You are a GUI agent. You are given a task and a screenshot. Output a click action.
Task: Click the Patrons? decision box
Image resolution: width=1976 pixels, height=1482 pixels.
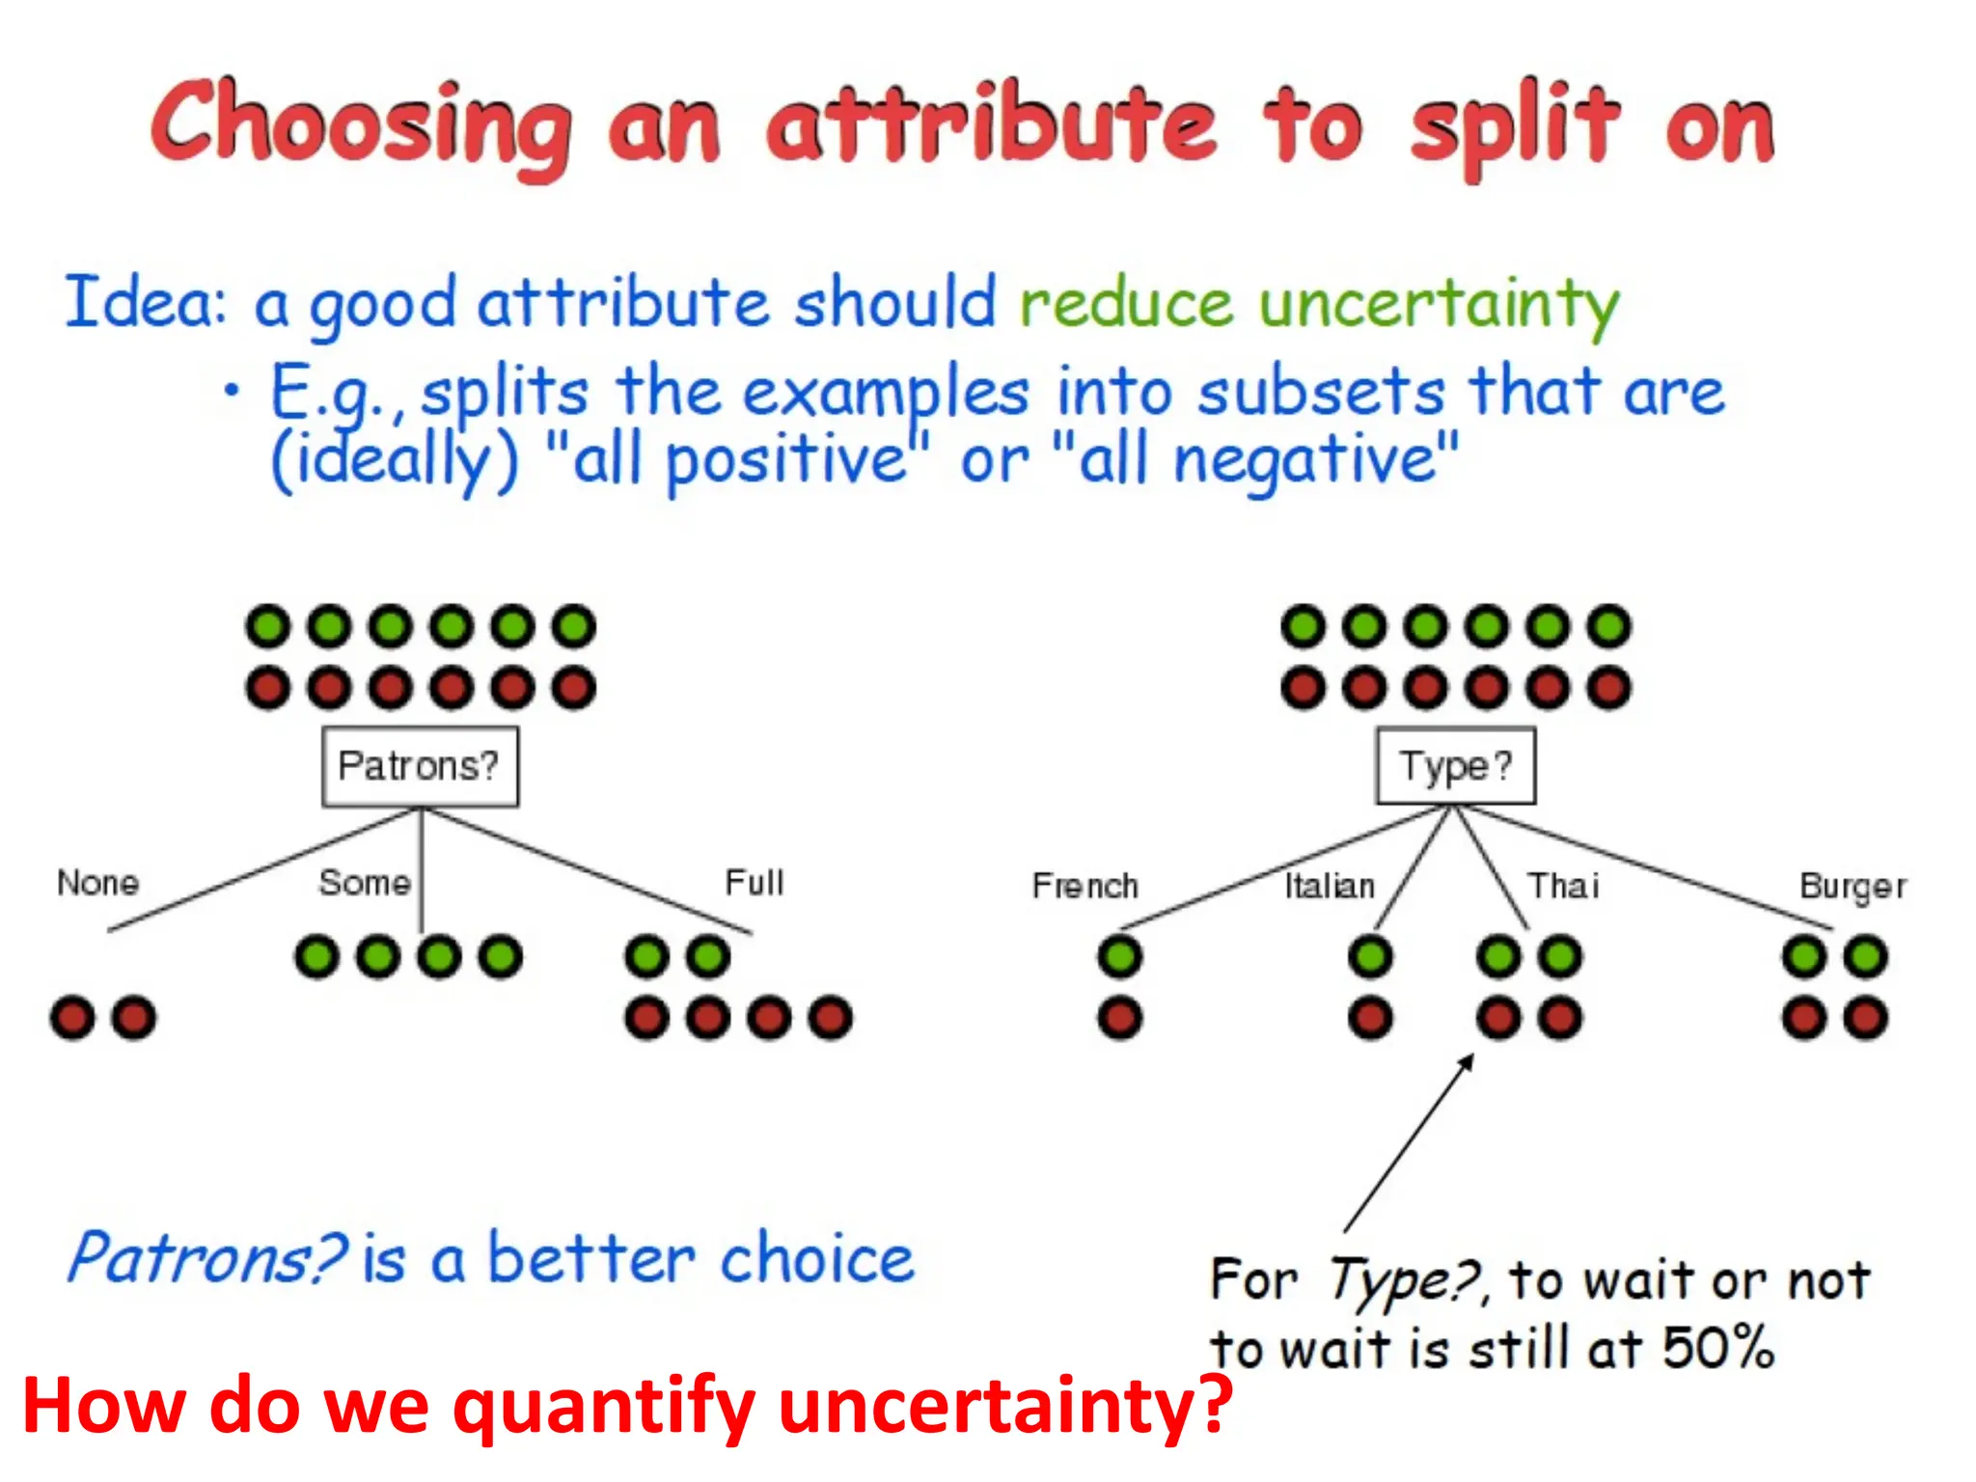coord(420,767)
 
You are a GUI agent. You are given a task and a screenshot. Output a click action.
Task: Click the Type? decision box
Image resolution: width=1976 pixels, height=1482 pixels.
coord(1455,767)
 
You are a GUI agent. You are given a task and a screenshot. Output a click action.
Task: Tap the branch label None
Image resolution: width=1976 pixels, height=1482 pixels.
coord(97,883)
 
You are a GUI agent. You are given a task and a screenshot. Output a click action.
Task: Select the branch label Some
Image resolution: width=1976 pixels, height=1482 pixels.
coord(365,883)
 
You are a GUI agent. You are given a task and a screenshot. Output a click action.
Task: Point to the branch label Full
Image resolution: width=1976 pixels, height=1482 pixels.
coord(754,883)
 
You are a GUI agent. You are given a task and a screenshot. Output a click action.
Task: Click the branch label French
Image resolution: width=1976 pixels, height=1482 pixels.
coord(1084,886)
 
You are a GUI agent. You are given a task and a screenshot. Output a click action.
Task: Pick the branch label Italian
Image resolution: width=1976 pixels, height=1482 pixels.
coord(1329,886)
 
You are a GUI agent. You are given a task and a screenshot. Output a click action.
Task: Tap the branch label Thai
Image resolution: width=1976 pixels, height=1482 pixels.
coord(1563,886)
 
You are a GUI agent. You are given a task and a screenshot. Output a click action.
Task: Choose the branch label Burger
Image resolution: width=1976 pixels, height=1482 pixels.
coord(1852,886)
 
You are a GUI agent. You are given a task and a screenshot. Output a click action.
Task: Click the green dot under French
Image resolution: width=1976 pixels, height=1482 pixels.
coord(1119,956)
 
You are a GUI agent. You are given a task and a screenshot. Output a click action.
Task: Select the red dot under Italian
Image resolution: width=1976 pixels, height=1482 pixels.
coord(1370,1017)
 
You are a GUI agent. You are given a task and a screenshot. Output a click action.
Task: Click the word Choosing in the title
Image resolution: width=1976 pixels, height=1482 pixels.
coord(361,125)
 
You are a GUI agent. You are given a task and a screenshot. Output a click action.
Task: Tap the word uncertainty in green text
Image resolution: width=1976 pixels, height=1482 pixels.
coord(1438,304)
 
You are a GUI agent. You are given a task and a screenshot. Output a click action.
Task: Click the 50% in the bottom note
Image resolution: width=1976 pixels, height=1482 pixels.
coord(1717,1348)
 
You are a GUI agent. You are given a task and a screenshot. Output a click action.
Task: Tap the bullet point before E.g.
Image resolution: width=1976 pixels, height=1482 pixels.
coord(231,391)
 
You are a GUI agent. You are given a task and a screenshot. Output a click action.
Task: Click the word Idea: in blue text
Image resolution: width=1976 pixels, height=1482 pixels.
coord(145,302)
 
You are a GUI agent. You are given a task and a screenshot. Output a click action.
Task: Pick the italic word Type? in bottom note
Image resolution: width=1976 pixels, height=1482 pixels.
coord(1404,1281)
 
